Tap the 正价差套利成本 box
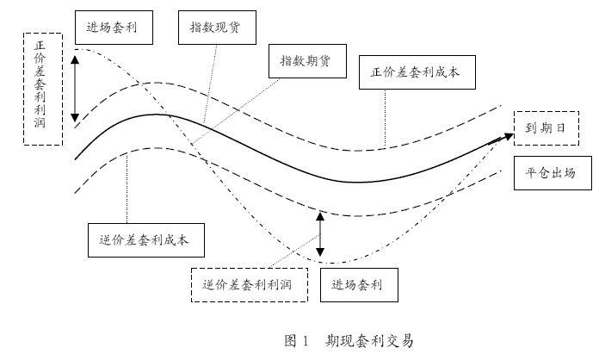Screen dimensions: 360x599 [x=416, y=72]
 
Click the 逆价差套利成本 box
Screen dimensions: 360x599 [x=146, y=239]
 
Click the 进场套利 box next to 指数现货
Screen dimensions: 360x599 [x=114, y=28]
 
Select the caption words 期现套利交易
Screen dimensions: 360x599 [x=370, y=340]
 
